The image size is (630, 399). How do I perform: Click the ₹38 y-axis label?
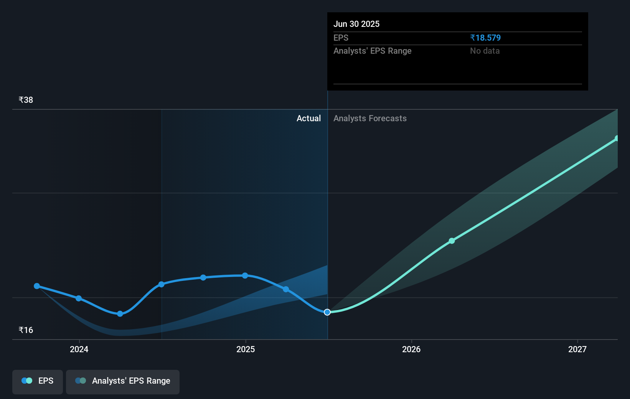pyautogui.click(x=26, y=100)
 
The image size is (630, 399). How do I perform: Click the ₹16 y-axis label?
pyautogui.click(x=26, y=330)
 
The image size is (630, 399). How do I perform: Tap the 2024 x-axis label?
pyautogui.click(x=79, y=349)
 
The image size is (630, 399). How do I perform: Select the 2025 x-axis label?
pyautogui.click(x=246, y=349)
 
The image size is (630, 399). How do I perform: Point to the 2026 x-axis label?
pyautogui.click(x=411, y=349)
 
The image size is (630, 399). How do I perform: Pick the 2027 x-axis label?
pyautogui.click(x=577, y=349)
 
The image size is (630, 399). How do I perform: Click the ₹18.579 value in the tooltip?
pyautogui.click(x=485, y=38)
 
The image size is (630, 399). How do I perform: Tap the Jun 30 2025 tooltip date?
pyautogui.click(x=356, y=24)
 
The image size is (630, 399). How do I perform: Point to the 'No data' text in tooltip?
pyautogui.click(x=485, y=51)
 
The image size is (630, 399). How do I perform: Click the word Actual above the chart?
pyautogui.click(x=308, y=119)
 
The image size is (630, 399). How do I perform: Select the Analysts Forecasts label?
pyautogui.click(x=370, y=119)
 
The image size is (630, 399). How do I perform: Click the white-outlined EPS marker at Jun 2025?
pyautogui.click(x=327, y=312)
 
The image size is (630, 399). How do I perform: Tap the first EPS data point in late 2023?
pyautogui.click(x=37, y=286)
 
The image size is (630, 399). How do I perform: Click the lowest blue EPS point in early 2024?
pyautogui.click(x=120, y=314)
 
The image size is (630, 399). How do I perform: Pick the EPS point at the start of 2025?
pyautogui.click(x=245, y=275)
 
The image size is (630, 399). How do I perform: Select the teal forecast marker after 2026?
pyautogui.click(x=452, y=241)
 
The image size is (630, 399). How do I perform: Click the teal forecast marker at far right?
pyautogui.click(x=617, y=138)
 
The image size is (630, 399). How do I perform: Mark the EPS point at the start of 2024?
pyautogui.click(x=79, y=298)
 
